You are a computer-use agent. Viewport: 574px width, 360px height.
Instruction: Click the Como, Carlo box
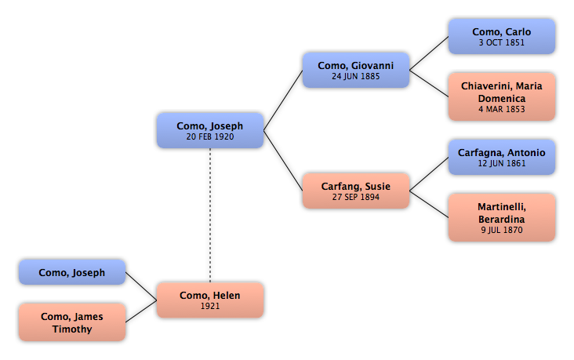(x=501, y=36)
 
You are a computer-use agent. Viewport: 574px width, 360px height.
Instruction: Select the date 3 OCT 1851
(x=501, y=43)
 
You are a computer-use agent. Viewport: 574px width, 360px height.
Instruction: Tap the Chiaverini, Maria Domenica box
(x=501, y=96)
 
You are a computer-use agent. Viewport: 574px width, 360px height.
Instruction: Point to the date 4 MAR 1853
(x=501, y=110)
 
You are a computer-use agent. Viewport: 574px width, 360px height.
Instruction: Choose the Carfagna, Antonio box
(x=501, y=157)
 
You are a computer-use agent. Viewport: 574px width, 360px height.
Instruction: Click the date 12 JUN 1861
(x=501, y=164)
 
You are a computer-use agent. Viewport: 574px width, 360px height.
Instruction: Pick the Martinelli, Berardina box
(x=501, y=217)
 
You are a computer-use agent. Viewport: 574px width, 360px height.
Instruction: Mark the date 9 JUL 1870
(x=501, y=231)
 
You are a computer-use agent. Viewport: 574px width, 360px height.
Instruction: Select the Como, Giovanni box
(x=355, y=70)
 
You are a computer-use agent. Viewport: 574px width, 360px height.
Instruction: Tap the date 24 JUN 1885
(x=355, y=77)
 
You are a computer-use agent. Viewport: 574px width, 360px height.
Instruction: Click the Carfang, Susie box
(x=355, y=191)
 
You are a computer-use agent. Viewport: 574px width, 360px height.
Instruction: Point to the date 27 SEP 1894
(x=355, y=198)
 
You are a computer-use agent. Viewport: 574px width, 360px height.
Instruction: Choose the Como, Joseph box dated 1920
(x=209, y=130)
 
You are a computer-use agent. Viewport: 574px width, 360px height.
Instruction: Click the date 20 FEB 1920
(x=209, y=136)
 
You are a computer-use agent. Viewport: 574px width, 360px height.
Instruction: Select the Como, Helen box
(x=209, y=300)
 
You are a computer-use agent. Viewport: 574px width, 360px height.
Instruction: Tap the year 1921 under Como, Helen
(x=209, y=307)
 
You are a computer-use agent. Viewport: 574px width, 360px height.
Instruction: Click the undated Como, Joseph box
(x=71, y=272)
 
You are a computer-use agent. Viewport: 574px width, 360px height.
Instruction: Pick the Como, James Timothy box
(x=71, y=322)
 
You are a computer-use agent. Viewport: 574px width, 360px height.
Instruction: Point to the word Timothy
(x=72, y=329)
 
